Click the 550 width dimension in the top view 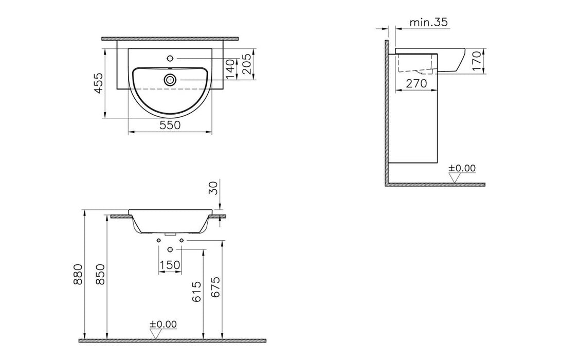click(170, 125)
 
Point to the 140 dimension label click(231, 66)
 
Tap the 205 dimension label click(247, 64)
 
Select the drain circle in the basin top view click(170, 80)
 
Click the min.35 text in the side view click(428, 22)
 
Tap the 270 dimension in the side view click(417, 83)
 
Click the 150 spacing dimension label click(170, 264)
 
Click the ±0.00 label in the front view click(162, 324)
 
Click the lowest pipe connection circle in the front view click(170, 249)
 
